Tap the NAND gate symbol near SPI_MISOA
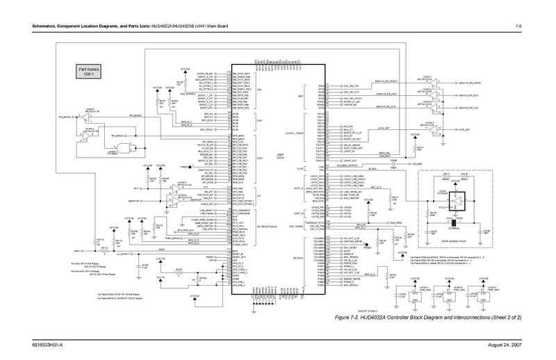(x=124, y=146)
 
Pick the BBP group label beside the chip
(x=301, y=96)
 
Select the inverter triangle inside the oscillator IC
(x=459, y=199)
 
